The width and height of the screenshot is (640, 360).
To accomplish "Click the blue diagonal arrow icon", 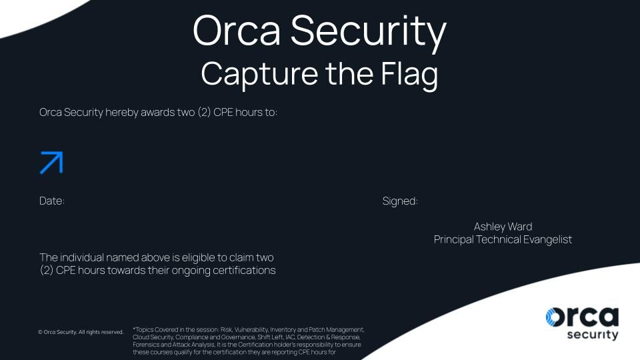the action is click(51, 163).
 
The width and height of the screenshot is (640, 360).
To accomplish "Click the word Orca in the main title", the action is click(237, 31).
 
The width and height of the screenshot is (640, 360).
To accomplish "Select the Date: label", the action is click(52, 201).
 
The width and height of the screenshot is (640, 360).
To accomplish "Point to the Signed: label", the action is click(400, 201).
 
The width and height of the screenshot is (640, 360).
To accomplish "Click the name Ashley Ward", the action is click(503, 227).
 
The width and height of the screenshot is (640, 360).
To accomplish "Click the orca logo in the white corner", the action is click(582, 323).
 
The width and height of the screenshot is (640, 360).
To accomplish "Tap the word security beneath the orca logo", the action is click(593, 335).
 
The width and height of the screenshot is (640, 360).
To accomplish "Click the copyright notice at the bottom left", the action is click(81, 332).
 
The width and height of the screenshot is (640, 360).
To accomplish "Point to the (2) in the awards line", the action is click(204, 112).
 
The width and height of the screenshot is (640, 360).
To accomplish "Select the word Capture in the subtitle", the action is click(259, 74).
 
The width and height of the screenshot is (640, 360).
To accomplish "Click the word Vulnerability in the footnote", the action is click(251, 330).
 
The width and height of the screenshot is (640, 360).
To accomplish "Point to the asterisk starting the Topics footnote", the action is click(134, 328).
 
